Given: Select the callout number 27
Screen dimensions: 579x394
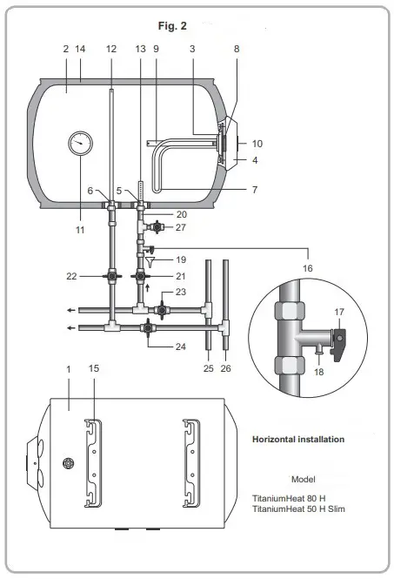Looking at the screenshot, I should (180, 227).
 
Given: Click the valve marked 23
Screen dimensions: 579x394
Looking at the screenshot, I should (163, 309).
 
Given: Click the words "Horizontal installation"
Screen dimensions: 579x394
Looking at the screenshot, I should (297, 440).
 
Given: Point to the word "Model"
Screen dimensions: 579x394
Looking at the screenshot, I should (304, 479).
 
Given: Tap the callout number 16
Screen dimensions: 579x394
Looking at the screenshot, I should (309, 271).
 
